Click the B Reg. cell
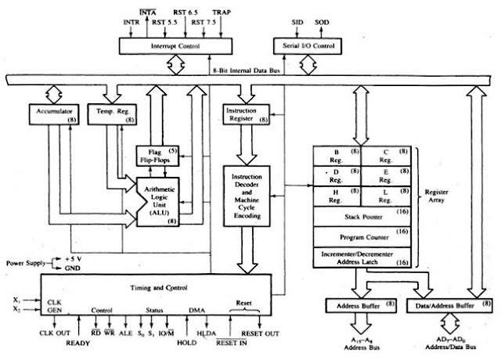tap(335, 156)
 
